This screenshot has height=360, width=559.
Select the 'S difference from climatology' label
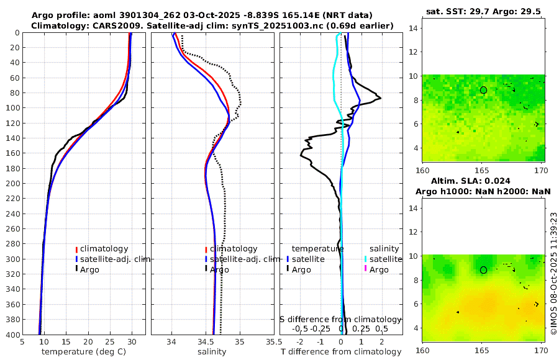pos(340,318)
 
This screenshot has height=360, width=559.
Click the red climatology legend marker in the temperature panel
pos(77,250)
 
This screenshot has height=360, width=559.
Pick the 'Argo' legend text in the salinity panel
pos(219,269)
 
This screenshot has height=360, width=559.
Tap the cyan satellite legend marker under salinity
pos(366,259)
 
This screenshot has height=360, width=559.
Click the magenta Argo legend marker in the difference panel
pos(366,269)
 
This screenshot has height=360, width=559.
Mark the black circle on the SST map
pos(483,90)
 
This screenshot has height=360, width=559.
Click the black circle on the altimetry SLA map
pos(483,270)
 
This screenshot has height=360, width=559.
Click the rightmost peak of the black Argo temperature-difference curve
pos(380,97)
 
